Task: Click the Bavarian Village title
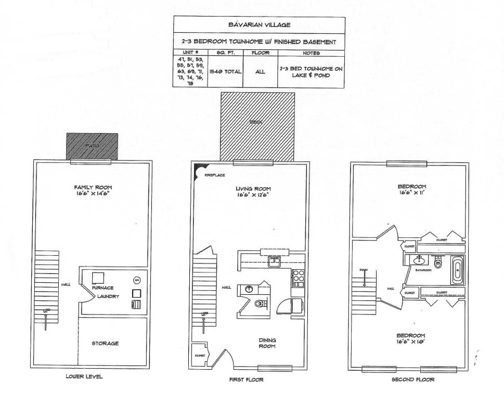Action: pos(259,24)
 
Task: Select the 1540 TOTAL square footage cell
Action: pos(225,71)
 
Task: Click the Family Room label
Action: pos(93,187)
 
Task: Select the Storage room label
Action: pos(105,343)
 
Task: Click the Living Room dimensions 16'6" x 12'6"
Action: pos(253,195)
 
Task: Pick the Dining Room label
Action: pos(267,343)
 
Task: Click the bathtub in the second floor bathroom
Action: pos(457,270)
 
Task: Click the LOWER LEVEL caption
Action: pos(84,376)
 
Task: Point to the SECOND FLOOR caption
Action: pos(412,380)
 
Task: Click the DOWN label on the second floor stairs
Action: pos(364,269)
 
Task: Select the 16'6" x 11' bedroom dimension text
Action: pos(412,193)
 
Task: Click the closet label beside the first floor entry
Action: pos(200,355)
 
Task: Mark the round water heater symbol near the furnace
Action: pos(137,280)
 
